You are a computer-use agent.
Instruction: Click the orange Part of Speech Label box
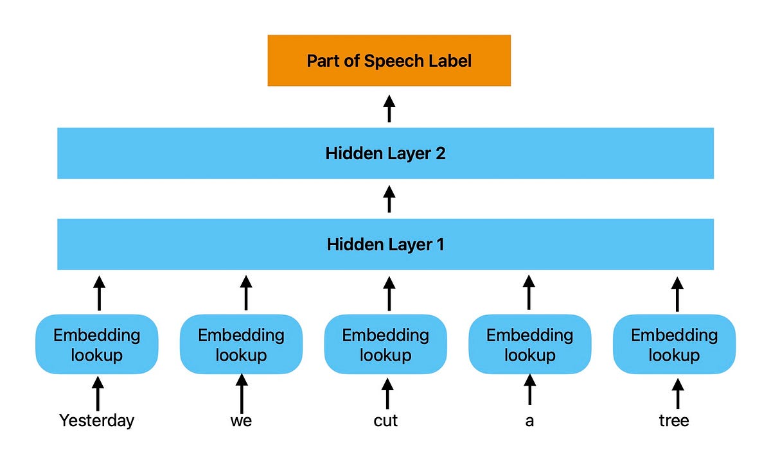389,60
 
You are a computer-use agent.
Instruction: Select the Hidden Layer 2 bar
385,153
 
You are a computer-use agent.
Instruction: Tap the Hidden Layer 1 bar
385,245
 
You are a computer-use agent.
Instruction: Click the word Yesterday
97,421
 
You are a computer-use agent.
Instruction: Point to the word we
241,421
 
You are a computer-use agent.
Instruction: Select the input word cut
385,421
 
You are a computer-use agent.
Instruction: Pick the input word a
529,421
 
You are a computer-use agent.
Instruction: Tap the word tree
674,421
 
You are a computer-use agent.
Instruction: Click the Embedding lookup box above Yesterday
97,345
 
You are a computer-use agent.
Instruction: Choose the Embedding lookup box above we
241,345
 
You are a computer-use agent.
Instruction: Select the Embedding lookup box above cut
385,345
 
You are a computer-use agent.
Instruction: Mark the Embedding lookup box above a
529,345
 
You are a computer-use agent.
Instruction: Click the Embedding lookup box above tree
674,345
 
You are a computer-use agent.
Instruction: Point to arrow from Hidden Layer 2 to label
389,108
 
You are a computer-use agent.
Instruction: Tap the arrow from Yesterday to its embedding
98,393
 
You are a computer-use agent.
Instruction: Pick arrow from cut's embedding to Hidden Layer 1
388,293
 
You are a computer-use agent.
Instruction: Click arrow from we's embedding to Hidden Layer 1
245,293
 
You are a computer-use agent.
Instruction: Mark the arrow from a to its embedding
529,390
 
